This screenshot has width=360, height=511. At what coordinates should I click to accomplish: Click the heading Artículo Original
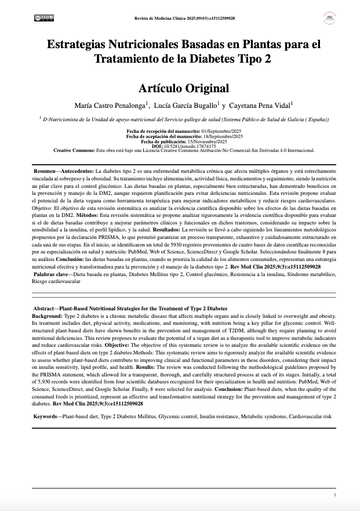[x=184, y=88]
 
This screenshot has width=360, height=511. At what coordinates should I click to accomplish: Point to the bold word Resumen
[x=45, y=172]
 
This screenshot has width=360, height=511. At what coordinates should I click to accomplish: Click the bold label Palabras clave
[x=51, y=273]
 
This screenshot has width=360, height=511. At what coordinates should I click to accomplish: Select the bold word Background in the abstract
[x=50, y=314]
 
